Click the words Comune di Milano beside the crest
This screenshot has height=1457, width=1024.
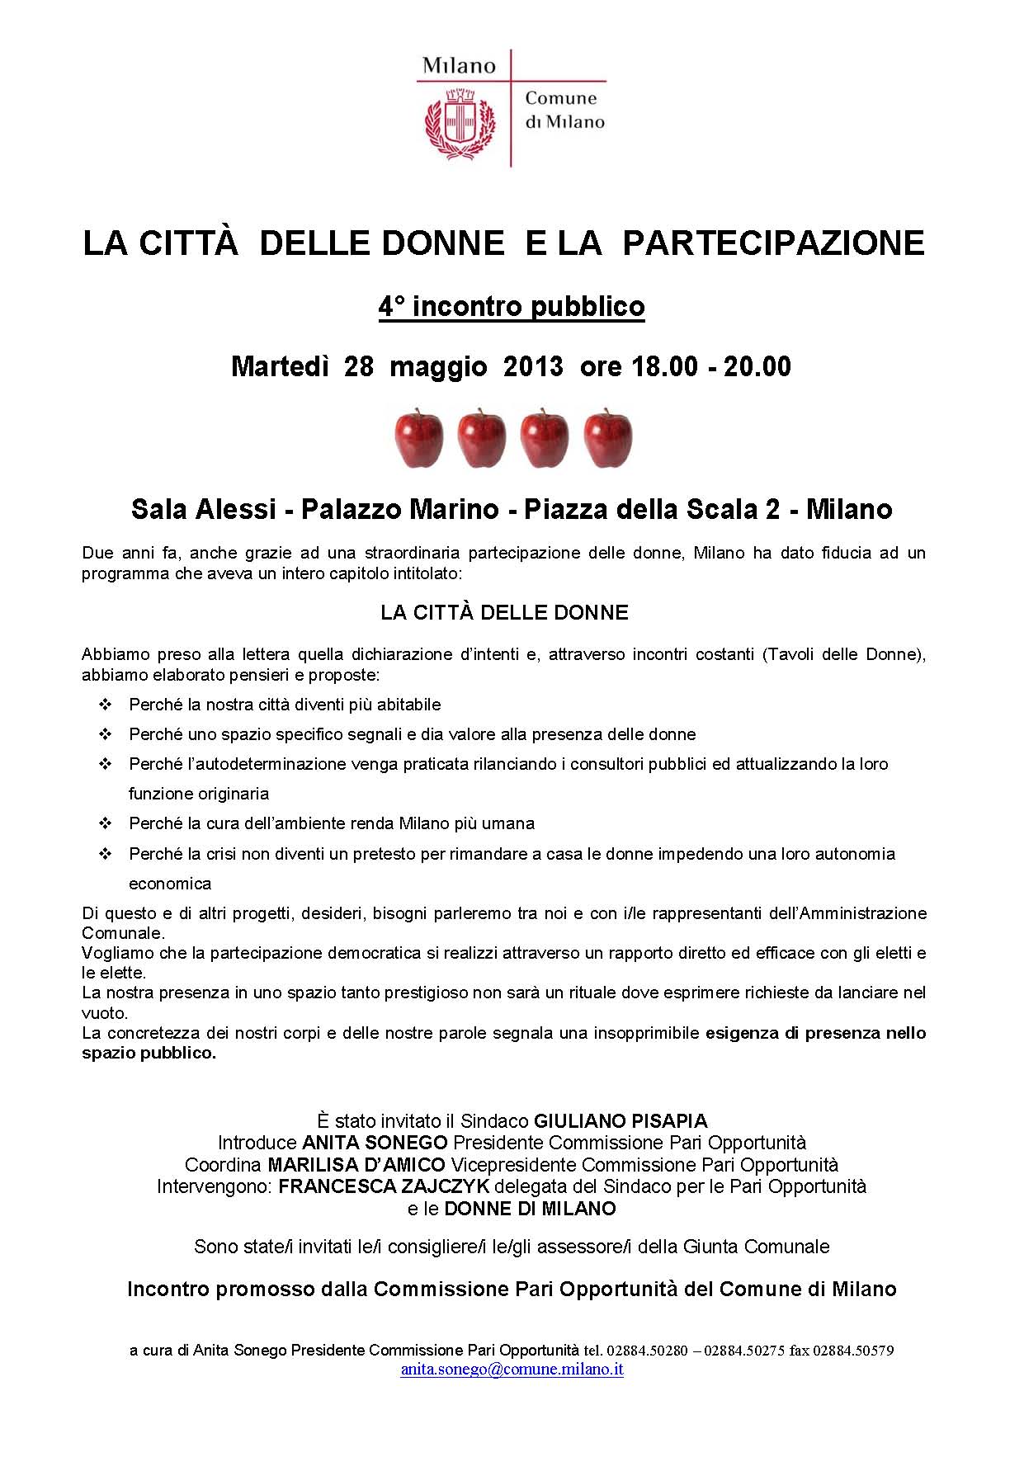tap(564, 110)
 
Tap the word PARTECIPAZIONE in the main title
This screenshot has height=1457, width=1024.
tap(773, 243)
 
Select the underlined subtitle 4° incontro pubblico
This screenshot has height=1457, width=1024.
tap(512, 307)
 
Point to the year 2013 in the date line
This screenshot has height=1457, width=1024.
tap(533, 366)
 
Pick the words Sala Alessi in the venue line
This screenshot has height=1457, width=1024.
tap(202, 509)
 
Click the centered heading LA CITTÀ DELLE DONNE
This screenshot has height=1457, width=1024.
tap(504, 612)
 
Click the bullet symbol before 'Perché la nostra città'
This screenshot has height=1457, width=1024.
tap(105, 705)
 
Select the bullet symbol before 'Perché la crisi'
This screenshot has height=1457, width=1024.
tap(105, 854)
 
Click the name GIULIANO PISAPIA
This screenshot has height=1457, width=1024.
tap(621, 1121)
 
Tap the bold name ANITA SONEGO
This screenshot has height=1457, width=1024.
tap(375, 1143)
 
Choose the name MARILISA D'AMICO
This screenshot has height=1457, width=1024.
tap(356, 1165)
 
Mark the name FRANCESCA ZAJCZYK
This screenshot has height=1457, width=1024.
tap(384, 1186)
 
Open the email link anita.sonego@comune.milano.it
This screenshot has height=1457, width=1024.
tap(512, 1369)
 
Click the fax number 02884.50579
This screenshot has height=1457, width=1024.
tap(853, 1351)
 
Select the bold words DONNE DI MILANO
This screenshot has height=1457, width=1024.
tap(530, 1209)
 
